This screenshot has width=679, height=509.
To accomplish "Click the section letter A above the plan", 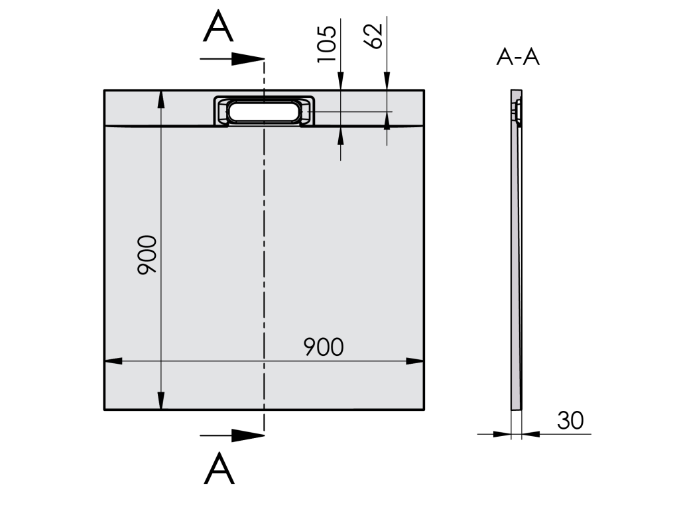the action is point(218,27).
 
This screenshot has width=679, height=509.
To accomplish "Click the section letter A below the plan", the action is point(219,469).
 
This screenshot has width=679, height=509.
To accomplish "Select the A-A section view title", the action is point(518,57).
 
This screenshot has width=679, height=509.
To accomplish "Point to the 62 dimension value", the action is point(373,36).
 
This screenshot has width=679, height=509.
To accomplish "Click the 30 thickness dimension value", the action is point(570,420).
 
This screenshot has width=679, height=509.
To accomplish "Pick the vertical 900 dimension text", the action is point(147,255).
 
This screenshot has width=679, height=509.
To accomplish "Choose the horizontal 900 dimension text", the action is point(324,347).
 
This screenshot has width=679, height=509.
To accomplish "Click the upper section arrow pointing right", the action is point(232,58).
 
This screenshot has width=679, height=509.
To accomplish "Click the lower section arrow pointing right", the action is point(232,435).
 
